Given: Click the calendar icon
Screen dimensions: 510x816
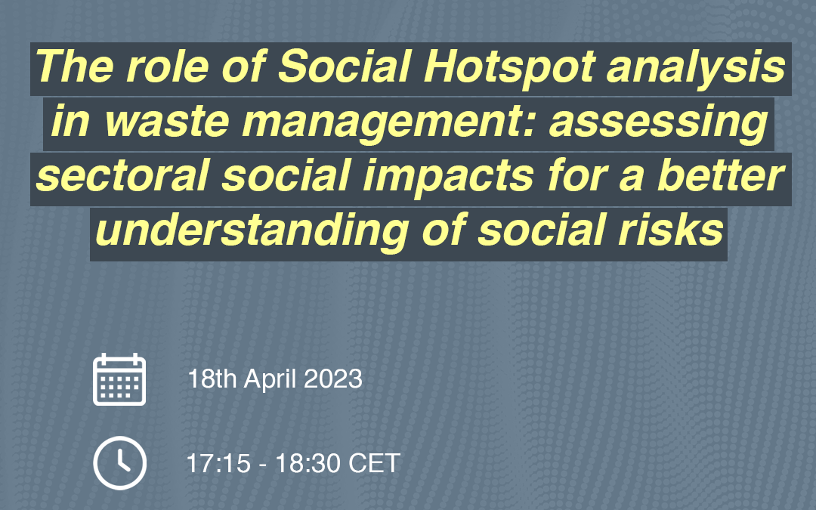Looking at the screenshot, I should [x=119, y=379].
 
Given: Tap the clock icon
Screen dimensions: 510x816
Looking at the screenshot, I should [x=119, y=463].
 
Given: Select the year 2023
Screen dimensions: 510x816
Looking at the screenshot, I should [x=333, y=379].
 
